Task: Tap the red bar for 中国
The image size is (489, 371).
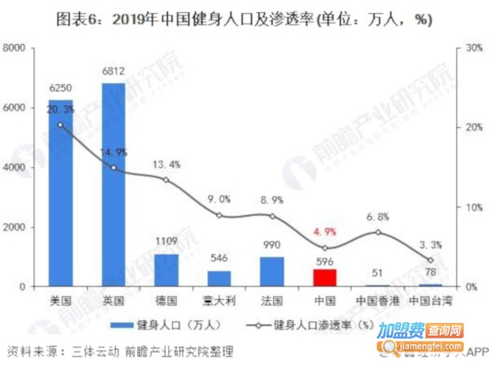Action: click(325, 277)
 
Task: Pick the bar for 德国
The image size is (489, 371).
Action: click(166, 270)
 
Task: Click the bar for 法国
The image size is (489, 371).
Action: click(272, 272)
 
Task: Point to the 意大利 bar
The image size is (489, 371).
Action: click(219, 278)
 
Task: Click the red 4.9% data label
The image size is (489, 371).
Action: click(325, 231)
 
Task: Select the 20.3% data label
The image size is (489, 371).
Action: click(61, 108)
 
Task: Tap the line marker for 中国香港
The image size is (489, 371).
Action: click(378, 232)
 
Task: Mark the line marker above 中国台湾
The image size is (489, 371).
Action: click(431, 260)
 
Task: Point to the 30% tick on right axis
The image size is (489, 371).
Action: click(470, 48)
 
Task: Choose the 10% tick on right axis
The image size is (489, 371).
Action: click(470, 207)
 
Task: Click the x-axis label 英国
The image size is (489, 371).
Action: click(113, 299)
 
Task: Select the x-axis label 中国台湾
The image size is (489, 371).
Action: click(431, 299)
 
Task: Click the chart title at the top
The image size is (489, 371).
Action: click(244, 19)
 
